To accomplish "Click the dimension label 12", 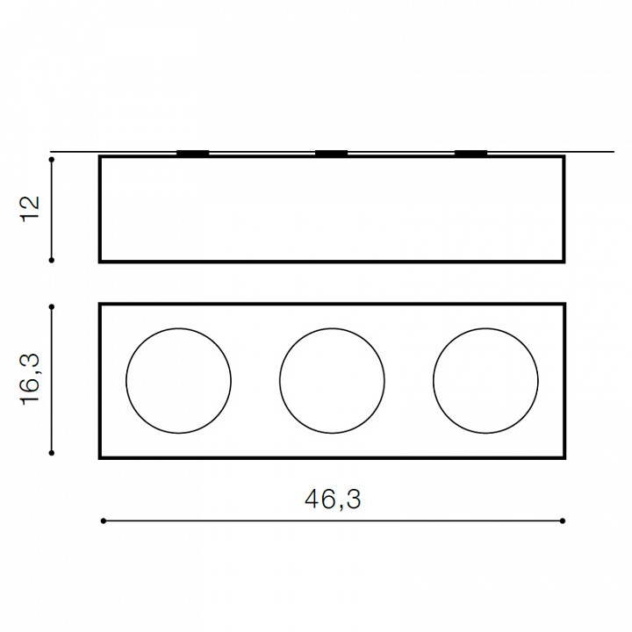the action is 31,207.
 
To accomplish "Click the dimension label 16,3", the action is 31,379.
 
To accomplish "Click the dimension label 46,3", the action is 333,499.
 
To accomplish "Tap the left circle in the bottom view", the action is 126,380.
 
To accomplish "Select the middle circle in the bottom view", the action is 280,380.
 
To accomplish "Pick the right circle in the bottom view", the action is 434,380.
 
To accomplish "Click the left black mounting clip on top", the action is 192,153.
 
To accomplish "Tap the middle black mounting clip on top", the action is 331,153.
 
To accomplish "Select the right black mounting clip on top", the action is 470,153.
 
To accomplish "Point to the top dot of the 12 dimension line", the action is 52,160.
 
